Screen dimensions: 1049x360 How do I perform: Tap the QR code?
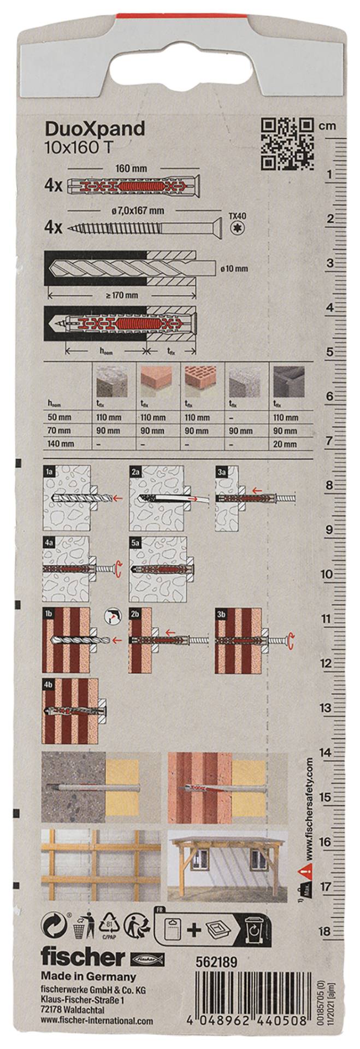tap(287, 144)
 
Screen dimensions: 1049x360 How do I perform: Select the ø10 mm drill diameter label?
tap(234, 268)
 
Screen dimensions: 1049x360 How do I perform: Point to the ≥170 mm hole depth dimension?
tap(122, 295)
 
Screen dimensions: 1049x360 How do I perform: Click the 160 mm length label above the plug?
tap(131, 169)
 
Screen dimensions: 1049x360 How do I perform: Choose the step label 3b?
tap(221, 614)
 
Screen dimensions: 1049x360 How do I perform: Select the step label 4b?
tap(48, 684)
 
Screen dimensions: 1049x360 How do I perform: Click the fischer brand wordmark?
tap(83, 957)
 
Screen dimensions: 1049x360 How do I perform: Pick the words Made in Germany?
tap(88, 976)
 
